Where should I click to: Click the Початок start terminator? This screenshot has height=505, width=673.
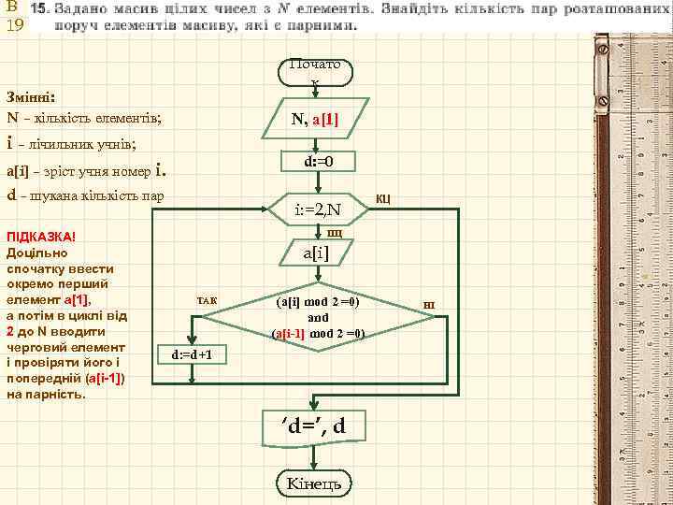pyautogui.click(x=315, y=73)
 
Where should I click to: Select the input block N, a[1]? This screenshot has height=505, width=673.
pyautogui.click(x=315, y=120)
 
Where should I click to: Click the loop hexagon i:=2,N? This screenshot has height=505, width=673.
pyautogui.click(x=318, y=208)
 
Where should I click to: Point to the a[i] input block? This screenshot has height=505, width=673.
pyautogui.click(x=315, y=252)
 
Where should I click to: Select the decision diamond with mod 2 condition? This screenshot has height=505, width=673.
pyautogui.click(x=318, y=318)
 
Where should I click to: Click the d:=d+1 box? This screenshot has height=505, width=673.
pyautogui.click(x=191, y=354)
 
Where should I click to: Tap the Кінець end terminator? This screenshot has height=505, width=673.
pyautogui.click(x=314, y=483)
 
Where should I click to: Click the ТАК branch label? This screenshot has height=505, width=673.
pyautogui.click(x=206, y=300)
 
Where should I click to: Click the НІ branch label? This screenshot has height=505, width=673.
pyautogui.click(x=429, y=306)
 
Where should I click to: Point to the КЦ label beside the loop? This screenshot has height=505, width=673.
pyautogui.click(x=383, y=199)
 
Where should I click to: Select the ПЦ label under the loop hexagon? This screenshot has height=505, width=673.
pyautogui.click(x=334, y=232)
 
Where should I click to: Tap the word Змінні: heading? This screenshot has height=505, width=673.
pyautogui.click(x=31, y=96)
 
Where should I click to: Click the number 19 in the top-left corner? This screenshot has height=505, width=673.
pyautogui.click(x=14, y=24)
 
